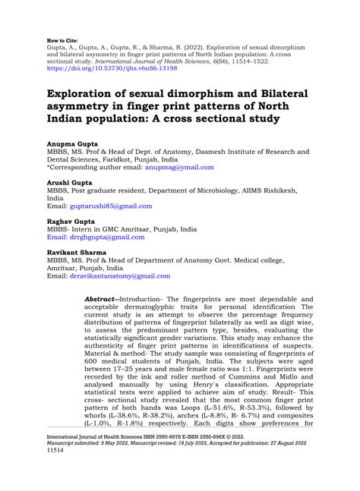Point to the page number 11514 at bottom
tap(56, 470)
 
